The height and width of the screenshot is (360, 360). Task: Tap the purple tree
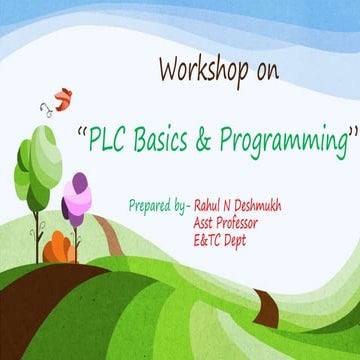74,199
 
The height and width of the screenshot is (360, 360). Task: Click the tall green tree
38,165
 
